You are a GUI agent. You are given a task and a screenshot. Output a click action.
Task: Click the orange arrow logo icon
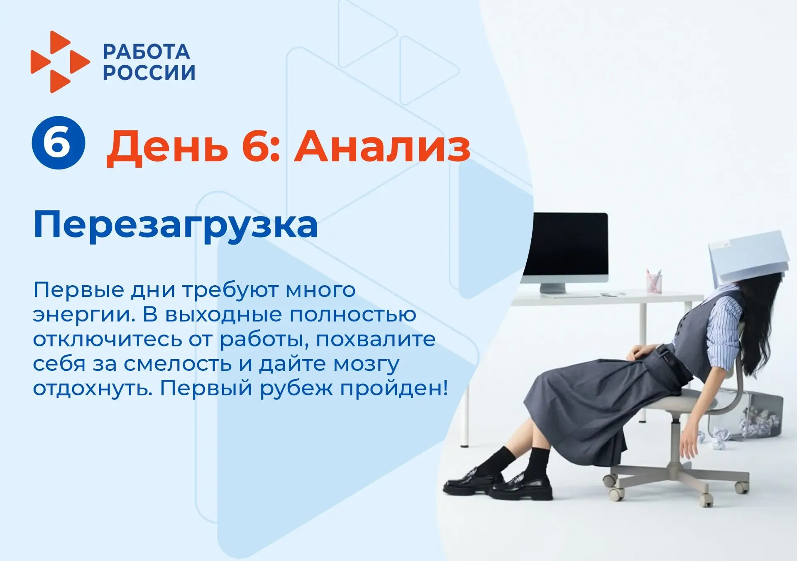(60, 61)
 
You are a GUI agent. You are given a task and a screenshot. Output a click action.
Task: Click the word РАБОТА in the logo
(147, 52)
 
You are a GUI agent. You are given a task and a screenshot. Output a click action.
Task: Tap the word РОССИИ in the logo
(149, 72)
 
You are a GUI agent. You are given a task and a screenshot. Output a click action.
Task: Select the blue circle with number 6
(59, 143)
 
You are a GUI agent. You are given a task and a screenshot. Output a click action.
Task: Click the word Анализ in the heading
(382, 147)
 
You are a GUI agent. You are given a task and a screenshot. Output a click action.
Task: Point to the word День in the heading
(168, 148)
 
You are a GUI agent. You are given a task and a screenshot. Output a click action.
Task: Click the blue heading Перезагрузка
(176, 225)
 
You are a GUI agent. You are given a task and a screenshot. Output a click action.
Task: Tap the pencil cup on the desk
(654, 281)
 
